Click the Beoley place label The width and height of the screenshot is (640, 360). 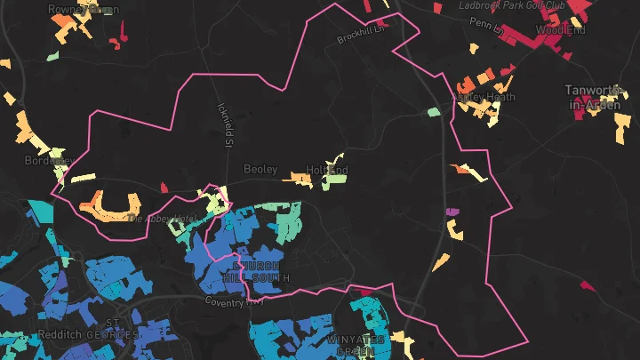[260, 169]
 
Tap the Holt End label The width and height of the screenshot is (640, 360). [326, 169]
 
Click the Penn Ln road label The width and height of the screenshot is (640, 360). [486, 27]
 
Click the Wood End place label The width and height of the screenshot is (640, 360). [560, 30]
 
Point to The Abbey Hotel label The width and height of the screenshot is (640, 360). [161, 218]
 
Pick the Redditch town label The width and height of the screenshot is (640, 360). [60, 334]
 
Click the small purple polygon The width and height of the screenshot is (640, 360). [452, 212]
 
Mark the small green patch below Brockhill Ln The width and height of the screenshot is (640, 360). [433, 112]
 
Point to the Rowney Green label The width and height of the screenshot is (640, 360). [83, 9]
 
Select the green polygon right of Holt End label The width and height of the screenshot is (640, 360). [335, 177]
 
